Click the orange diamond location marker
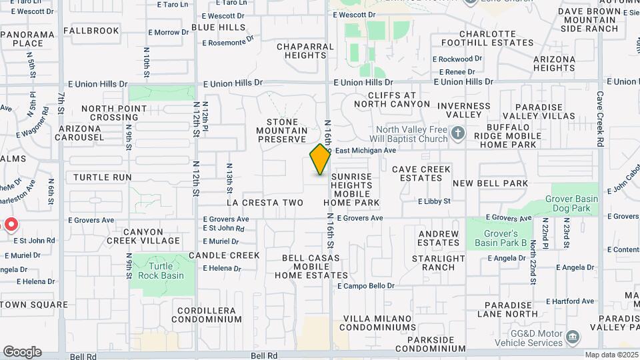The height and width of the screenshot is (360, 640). click(x=320, y=159)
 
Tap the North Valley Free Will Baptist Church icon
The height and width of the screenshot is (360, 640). click(x=457, y=134)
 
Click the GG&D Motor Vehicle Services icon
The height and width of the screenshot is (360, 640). click(x=572, y=337)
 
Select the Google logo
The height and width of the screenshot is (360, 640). click(x=22, y=352)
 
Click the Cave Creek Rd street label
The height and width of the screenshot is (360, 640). click(x=599, y=119)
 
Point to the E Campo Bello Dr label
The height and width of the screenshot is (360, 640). click(x=366, y=286)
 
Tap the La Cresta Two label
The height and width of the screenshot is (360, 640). click(x=265, y=203)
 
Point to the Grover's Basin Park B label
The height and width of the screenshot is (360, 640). click(x=496, y=238)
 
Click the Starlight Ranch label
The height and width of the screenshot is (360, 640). click(x=438, y=263)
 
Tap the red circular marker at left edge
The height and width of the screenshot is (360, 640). click(x=11, y=224)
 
